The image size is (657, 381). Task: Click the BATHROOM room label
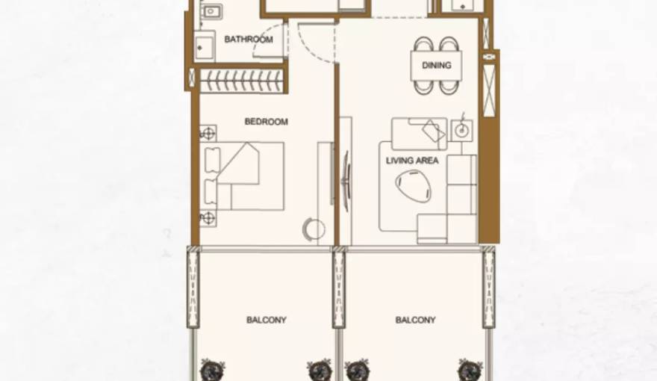pyautogui.click(x=249, y=40)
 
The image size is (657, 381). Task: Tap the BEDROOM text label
pyautogui.click(x=266, y=122)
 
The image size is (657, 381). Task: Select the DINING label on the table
pyautogui.click(x=436, y=66)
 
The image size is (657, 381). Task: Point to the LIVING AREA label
pyautogui.click(x=412, y=161)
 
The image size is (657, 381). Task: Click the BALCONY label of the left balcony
pyautogui.click(x=266, y=320)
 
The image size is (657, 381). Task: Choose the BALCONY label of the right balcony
pyautogui.click(x=415, y=320)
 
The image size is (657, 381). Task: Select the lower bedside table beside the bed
pyautogui.click(x=208, y=218)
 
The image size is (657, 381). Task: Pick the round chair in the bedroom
pyautogui.click(x=314, y=229)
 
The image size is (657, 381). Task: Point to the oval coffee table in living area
pyautogui.click(x=413, y=186)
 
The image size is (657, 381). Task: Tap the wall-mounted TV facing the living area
pyautogui.click(x=346, y=176)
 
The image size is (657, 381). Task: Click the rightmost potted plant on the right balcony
pyautogui.click(x=470, y=370)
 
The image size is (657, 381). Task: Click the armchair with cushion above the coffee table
pyautogui.click(x=420, y=133)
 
